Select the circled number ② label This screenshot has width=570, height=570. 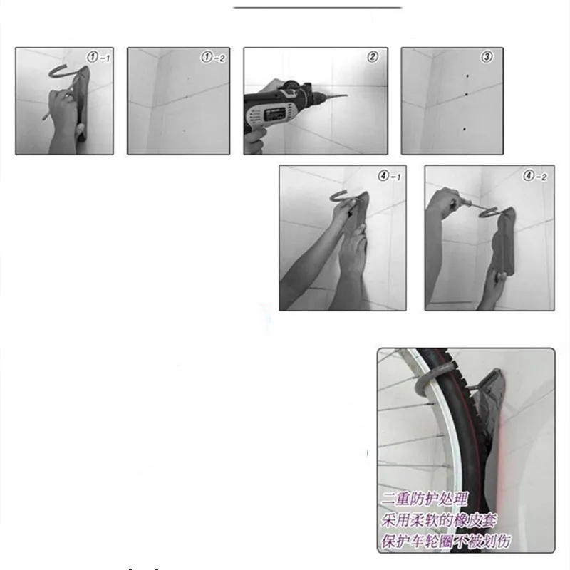click(x=372, y=56)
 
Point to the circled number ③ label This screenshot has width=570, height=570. click(x=487, y=56)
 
